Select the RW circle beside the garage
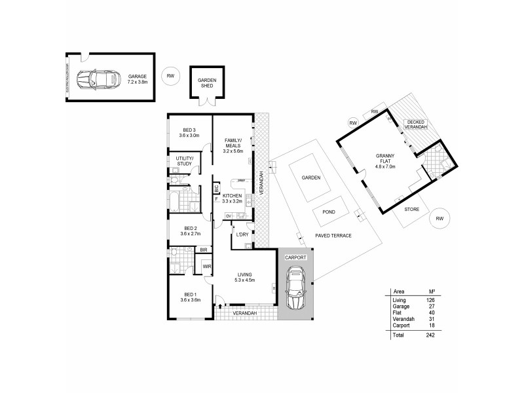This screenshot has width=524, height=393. pos(171,76)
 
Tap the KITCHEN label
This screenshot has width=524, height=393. pos(233,196)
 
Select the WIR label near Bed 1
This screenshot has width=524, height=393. pos(206,266)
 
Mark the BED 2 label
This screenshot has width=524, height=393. pos(189,230)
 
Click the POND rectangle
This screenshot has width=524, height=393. pos(329,211)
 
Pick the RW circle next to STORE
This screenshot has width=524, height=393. pos(440,219)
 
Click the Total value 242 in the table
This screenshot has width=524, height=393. pos(430,335)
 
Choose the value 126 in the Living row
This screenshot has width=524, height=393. pos(430,299)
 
